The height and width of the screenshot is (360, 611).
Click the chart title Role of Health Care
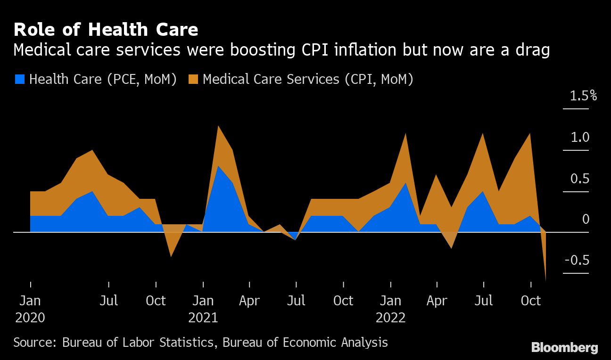point(106,30)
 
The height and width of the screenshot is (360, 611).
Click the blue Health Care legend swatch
point(19,79)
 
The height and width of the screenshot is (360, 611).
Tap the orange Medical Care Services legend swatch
point(193,79)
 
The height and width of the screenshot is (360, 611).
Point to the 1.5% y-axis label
point(583,96)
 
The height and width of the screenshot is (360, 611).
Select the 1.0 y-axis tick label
point(580,138)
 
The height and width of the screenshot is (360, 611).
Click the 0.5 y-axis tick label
point(580,179)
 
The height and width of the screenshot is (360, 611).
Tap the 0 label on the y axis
point(586,220)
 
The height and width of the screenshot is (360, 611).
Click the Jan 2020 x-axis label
point(30,309)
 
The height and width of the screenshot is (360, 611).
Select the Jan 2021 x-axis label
point(203,309)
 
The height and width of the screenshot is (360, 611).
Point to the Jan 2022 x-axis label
point(390,309)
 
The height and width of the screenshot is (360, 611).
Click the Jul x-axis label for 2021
point(296,301)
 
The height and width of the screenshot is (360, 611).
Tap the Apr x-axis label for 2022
point(437,301)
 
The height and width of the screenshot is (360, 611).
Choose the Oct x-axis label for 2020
point(156,301)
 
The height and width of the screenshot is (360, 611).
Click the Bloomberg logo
point(564,348)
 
